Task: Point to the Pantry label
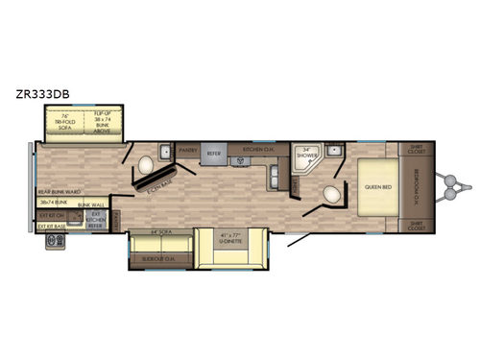pyautogui.click(x=187, y=151)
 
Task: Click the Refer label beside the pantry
pyautogui.click(x=215, y=151)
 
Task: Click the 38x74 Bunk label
pyautogui.click(x=56, y=204)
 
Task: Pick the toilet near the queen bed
pyautogui.click(x=332, y=196)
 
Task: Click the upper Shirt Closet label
pyautogui.click(x=416, y=150)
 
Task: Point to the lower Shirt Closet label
pyautogui.click(x=416, y=228)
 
